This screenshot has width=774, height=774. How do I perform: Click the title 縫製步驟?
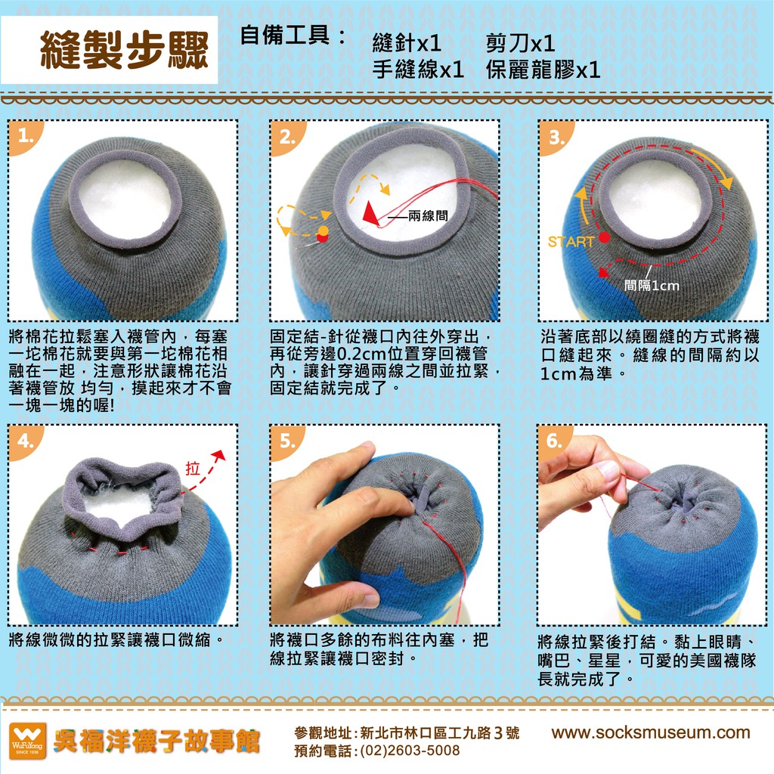tap(125, 50)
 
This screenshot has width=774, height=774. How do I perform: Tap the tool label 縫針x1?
tap(407, 43)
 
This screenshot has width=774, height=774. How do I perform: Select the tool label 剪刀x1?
tap(520, 43)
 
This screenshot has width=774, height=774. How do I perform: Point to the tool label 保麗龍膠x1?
tap(543, 70)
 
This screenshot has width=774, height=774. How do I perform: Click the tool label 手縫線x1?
tap(418, 70)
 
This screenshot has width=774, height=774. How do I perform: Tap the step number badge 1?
tap(26, 137)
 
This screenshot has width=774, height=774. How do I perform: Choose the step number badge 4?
tap(26, 441)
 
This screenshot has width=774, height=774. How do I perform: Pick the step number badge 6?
tap(555, 441)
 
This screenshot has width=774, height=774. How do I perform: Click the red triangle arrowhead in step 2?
tap(370, 212)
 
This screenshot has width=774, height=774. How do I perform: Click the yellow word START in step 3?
tap(571, 242)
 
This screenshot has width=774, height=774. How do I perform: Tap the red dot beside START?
tap(604, 238)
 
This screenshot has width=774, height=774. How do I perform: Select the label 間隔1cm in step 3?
tap(652, 285)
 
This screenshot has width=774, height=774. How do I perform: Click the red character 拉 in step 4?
tap(193, 468)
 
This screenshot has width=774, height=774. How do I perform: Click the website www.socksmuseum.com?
tap(651, 732)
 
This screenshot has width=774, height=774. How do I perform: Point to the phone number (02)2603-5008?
tap(410, 751)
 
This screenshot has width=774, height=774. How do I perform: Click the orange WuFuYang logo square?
tap(28, 741)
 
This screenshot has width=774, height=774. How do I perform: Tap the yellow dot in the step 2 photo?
tap(323, 231)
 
